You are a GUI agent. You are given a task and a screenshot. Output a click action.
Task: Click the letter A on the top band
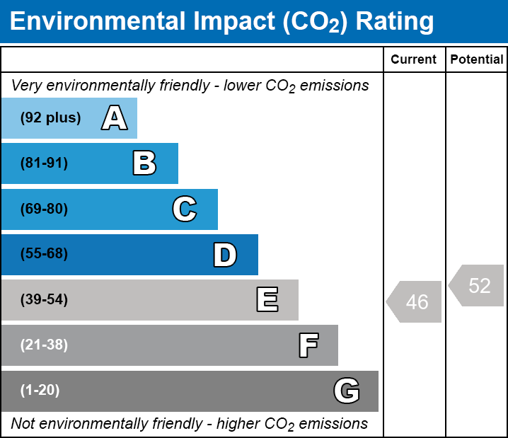click(114, 118)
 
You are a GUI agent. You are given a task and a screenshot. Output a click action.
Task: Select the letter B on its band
click(144, 163)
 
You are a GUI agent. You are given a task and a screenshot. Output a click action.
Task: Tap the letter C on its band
click(184, 209)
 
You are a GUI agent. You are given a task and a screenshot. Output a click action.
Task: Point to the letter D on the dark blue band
click(225, 255)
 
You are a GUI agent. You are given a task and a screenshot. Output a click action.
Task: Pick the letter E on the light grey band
click(267, 300)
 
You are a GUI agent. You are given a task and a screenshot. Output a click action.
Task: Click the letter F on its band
click(308, 345)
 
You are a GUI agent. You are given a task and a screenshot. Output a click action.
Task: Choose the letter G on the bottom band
click(347, 391)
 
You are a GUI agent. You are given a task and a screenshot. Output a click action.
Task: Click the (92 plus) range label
click(50, 118)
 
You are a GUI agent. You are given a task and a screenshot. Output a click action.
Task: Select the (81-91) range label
click(44, 163)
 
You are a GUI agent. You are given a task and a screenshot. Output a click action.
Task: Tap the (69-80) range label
click(44, 209)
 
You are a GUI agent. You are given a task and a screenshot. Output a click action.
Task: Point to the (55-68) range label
click(44, 254)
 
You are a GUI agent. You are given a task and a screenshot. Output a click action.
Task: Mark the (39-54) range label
click(44, 300)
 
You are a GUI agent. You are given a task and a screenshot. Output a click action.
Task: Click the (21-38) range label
click(44, 345)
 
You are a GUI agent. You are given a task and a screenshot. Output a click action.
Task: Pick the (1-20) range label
click(40, 391)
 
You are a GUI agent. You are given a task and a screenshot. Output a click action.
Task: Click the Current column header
click(414, 60)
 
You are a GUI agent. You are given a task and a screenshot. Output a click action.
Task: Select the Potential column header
click(477, 60)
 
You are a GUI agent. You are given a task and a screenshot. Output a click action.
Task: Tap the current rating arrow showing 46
click(415, 302)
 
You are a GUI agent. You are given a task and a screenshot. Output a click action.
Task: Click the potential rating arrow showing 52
click(478, 286)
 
